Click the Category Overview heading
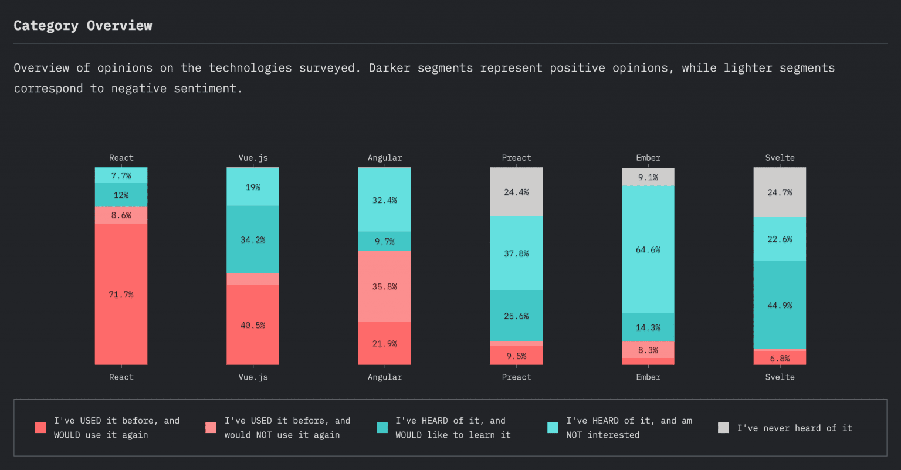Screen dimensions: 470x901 [x=83, y=26]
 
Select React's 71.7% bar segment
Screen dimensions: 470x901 [x=121, y=294]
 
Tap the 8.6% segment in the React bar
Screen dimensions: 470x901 [x=121, y=215]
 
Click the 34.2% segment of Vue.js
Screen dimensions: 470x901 [x=253, y=239]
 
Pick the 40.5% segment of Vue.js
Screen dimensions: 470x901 [x=253, y=324]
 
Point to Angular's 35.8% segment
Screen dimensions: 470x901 [x=384, y=286]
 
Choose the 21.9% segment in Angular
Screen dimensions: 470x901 [x=384, y=343]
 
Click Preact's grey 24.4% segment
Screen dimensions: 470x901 [x=516, y=192]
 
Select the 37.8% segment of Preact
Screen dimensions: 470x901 [x=516, y=253]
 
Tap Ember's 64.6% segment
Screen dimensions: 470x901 [x=648, y=249]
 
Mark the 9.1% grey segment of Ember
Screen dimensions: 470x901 [x=648, y=177]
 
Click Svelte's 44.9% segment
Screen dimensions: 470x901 [x=780, y=305]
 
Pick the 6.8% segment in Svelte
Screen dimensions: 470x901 [x=780, y=358]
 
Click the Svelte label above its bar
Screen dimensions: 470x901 [x=780, y=158]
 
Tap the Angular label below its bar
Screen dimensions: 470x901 [x=384, y=377]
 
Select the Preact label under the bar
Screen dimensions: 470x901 [x=516, y=377]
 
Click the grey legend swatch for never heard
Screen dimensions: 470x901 [x=723, y=428]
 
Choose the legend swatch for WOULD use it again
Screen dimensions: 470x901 [x=40, y=428]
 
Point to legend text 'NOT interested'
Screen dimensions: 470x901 [x=602, y=435]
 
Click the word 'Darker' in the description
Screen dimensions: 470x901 [x=389, y=68]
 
